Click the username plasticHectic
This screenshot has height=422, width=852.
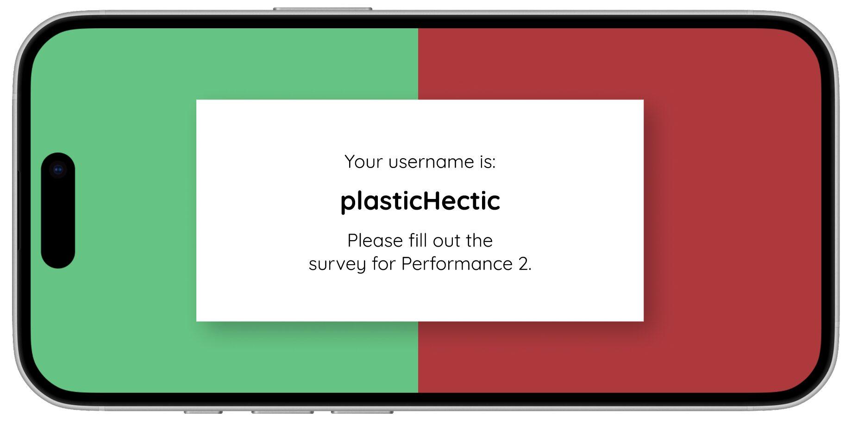click(420, 202)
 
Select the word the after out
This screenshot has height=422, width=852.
click(479, 241)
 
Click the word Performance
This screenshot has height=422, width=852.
click(457, 264)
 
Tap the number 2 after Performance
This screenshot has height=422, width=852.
click(523, 264)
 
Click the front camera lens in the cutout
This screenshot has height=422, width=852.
click(58, 170)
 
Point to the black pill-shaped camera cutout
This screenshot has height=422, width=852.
click(58, 211)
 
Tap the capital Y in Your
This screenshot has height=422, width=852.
click(351, 161)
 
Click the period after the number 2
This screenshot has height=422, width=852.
click(530, 270)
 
